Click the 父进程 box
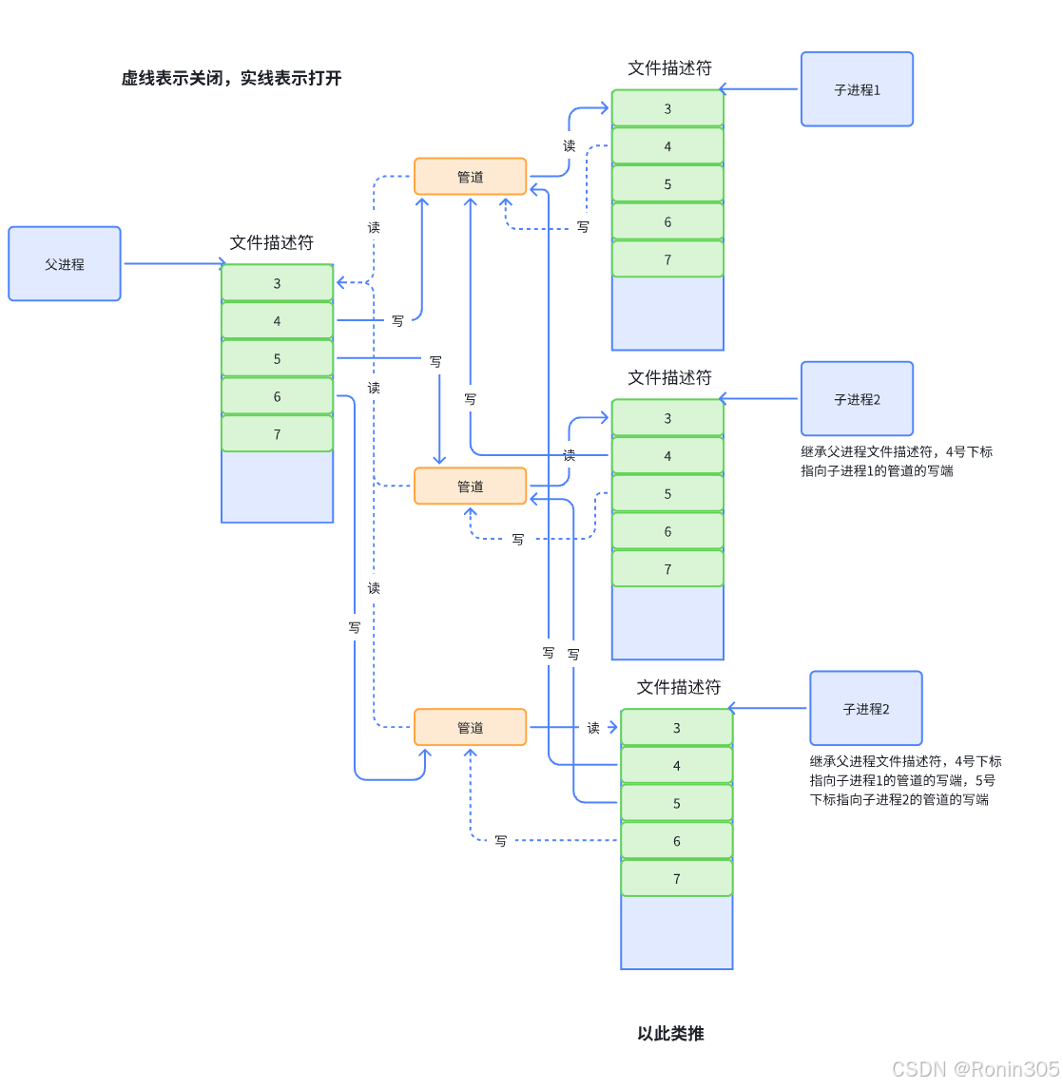pyautogui.click(x=65, y=264)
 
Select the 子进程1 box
pyautogui.click(x=857, y=89)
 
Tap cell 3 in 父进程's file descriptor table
pyautogui.click(x=277, y=283)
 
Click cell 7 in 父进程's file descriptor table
pyautogui.click(x=277, y=434)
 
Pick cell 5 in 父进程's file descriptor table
pyautogui.click(x=277, y=359)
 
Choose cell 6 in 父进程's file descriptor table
pyautogui.click(x=277, y=397)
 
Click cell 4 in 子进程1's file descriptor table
pyautogui.click(x=667, y=146)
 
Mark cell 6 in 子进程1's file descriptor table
pyautogui.click(x=667, y=222)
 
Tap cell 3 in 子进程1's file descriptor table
pyautogui.click(x=667, y=108)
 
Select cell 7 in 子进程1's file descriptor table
pyautogui.click(x=667, y=259)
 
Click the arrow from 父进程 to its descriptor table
pyautogui.click(x=174, y=264)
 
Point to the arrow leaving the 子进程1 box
pyautogui.click(x=759, y=89)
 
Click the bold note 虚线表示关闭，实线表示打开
pyautogui.click(x=231, y=78)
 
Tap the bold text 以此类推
pyautogui.click(x=670, y=1034)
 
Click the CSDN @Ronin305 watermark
pyautogui.click(x=976, y=1069)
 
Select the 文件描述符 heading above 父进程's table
pyautogui.click(x=271, y=243)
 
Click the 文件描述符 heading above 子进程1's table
pyautogui.click(x=669, y=68)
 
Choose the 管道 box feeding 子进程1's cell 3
pyautogui.click(x=470, y=177)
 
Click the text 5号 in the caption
pyautogui.click(x=985, y=780)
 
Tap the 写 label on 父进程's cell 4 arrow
pyautogui.click(x=397, y=321)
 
